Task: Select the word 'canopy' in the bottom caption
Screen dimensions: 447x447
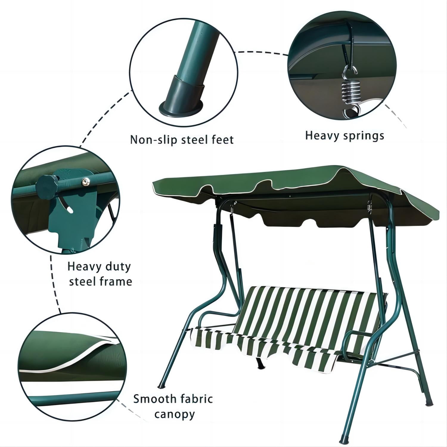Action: [x=175, y=415]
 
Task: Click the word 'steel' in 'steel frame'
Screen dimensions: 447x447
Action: [x=81, y=282]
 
